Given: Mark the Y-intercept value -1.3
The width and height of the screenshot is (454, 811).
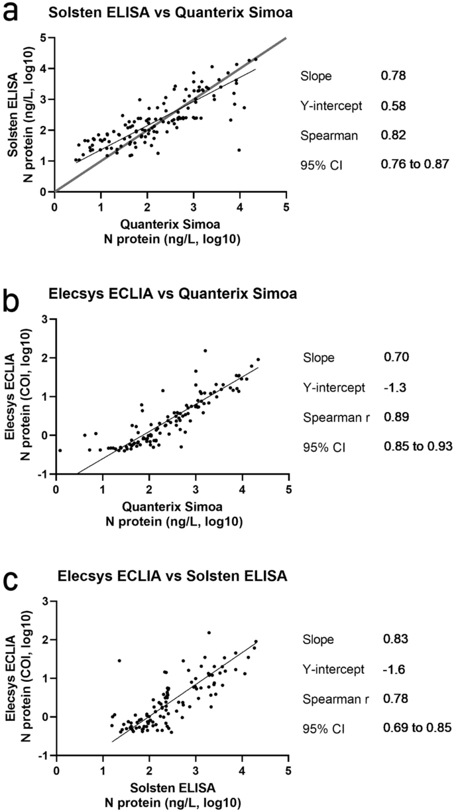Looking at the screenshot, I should (x=392, y=388).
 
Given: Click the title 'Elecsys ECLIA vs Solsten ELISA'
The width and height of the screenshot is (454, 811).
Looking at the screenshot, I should (x=172, y=577).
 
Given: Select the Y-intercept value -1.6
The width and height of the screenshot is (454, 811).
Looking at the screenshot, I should (x=392, y=669).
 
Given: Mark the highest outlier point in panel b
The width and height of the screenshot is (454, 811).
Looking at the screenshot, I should (x=205, y=351).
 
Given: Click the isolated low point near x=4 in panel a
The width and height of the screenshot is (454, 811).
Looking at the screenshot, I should (x=239, y=150).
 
